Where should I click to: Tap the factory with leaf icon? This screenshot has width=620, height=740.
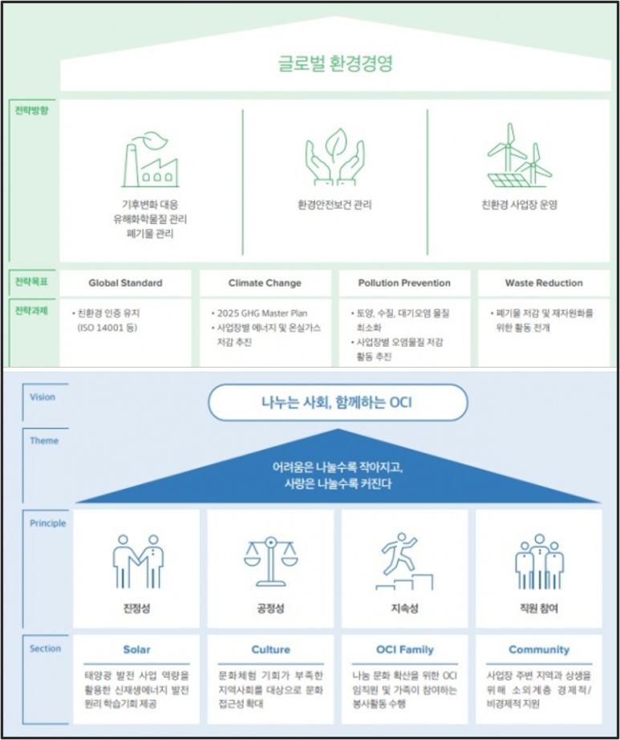pyautogui.click(x=150, y=159)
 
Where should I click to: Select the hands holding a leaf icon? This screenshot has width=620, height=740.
pyautogui.click(x=334, y=157)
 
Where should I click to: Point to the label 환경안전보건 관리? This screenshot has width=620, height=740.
pyautogui.click(x=334, y=205)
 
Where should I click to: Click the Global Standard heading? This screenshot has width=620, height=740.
pyautogui.click(x=125, y=283)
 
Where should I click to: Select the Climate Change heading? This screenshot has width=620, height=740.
pyautogui.click(x=265, y=283)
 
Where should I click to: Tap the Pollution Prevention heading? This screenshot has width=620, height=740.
pyautogui.click(x=404, y=283)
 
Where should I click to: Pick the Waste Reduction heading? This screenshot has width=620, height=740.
pyautogui.click(x=544, y=283)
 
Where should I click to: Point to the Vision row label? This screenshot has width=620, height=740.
pyautogui.click(x=43, y=396)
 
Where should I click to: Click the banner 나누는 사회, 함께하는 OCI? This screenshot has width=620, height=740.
pyautogui.click(x=337, y=402)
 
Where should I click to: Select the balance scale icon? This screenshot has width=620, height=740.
pyautogui.click(x=270, y=560)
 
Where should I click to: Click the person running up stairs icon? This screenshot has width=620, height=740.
pyautogui.click(x=405, y=560)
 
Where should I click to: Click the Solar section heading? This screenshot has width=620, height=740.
pyautogui.click(x=136, y=649)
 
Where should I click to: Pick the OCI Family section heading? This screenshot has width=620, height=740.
pyautogui.click(x=405, y=649)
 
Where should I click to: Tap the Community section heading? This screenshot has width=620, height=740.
pyautogui.click(x=539, y=649)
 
